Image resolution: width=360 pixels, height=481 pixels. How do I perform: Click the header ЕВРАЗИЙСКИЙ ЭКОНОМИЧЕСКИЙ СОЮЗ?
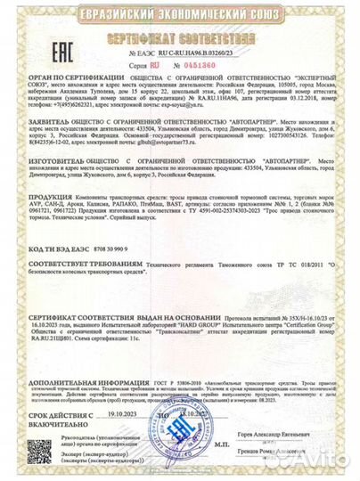pyautogui.click(x=180, y=12)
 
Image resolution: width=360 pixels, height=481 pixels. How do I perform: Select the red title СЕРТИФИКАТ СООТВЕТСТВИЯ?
pyautogui.click(x=179, y=40)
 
